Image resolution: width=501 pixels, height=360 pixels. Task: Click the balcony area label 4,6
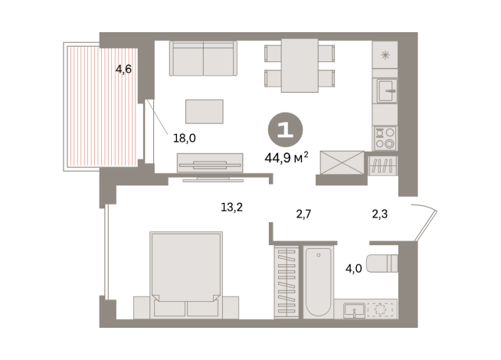point(123,70)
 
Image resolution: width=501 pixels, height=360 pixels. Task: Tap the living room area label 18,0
point(185,139)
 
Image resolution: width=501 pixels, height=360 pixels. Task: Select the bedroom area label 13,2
point(232,205)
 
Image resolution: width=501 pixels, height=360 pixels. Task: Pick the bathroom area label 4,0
point(353,269)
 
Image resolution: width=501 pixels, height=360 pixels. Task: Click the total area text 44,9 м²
point(285,159)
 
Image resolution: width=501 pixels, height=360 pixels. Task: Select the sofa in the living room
point(203,58)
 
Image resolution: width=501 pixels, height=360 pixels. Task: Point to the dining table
point(300,65)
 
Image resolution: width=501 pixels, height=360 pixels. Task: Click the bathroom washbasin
point(355,309)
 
